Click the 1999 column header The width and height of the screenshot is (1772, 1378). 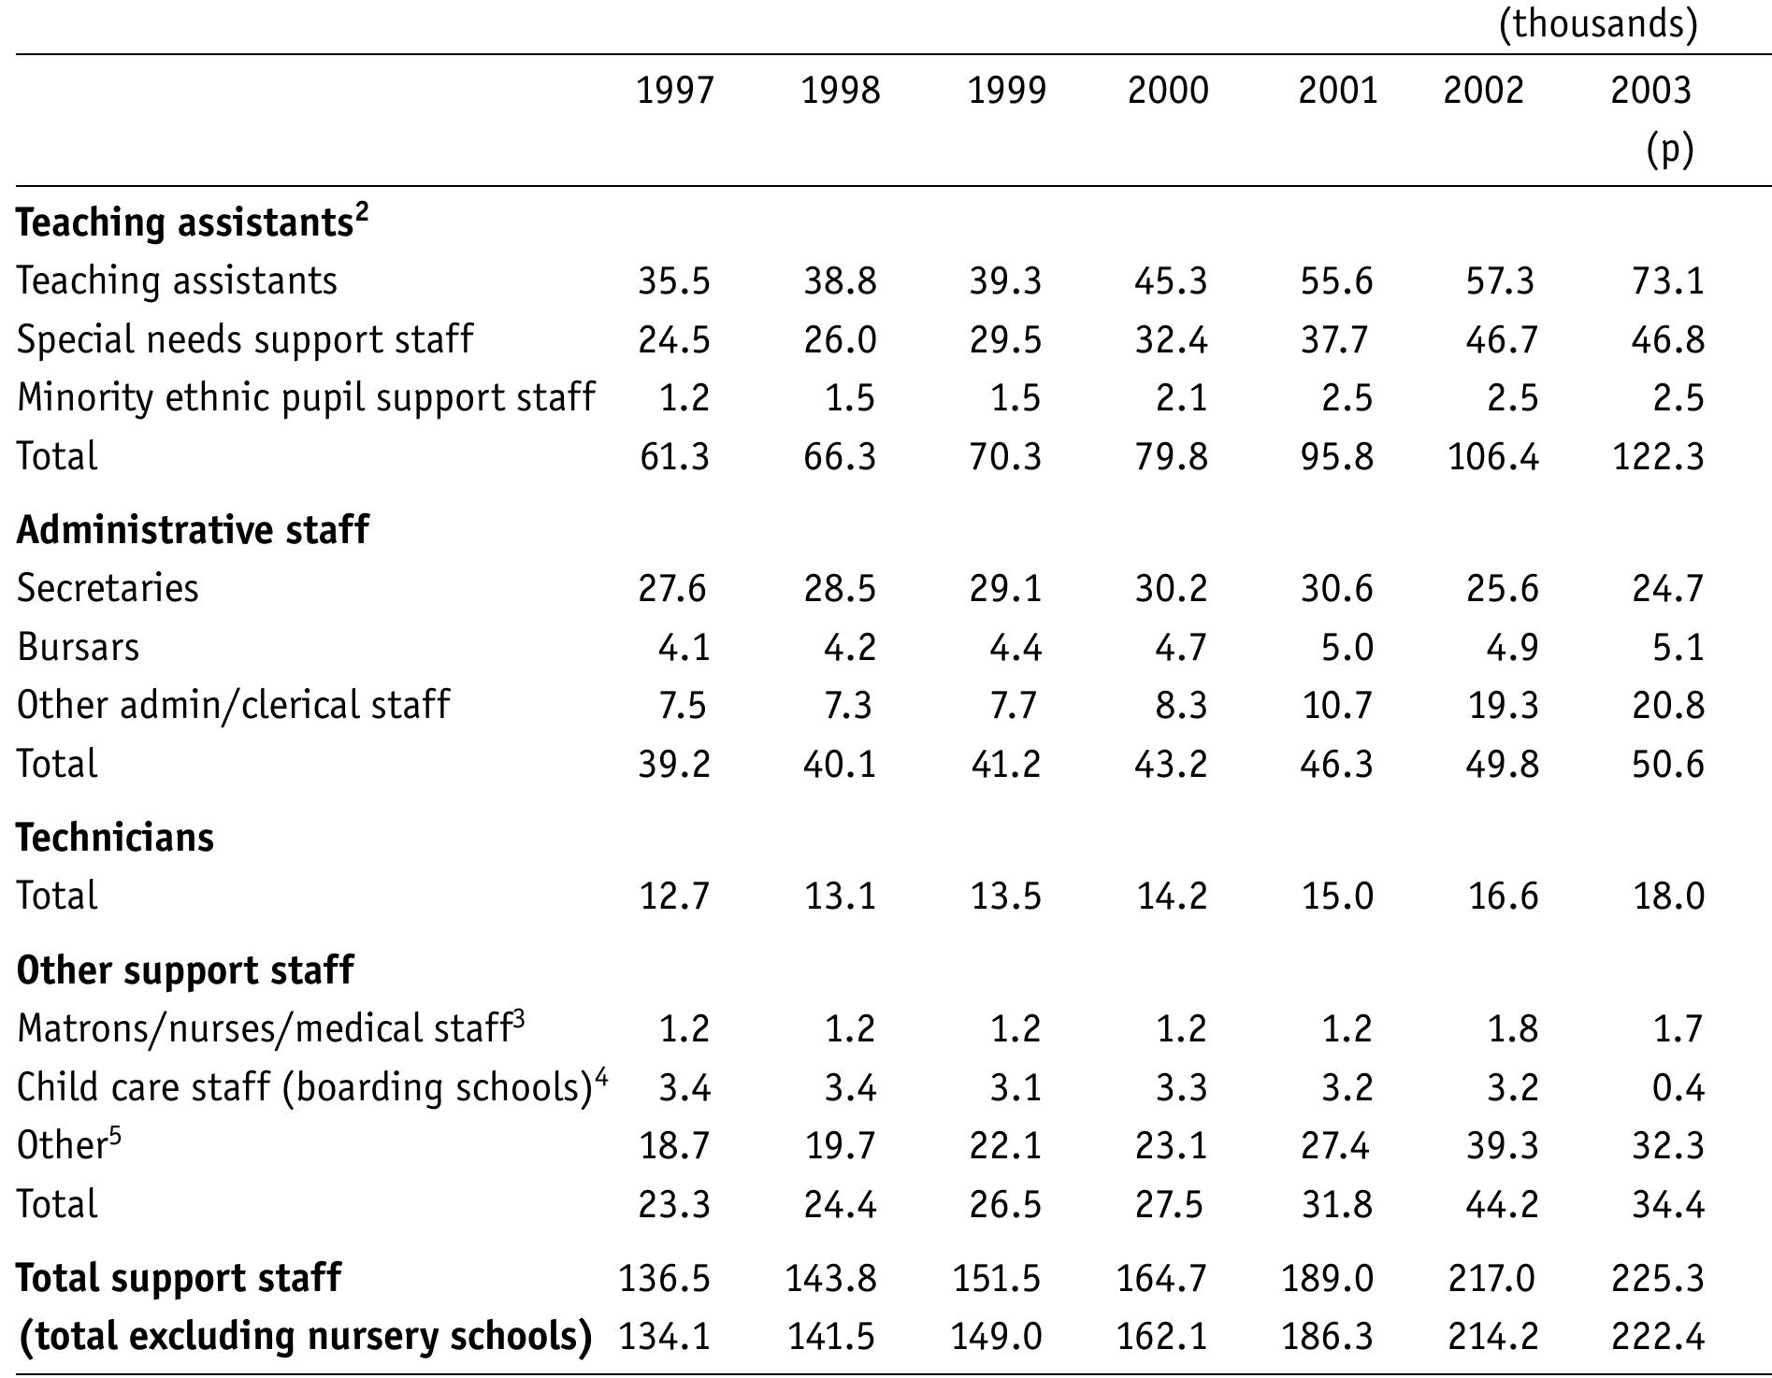pyautogui.click(x=1006, y=91)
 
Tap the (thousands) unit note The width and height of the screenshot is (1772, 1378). pyautogui.click(x=1598, y=23)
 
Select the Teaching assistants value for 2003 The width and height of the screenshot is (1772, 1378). pyautogui.click(x=1667, y=281)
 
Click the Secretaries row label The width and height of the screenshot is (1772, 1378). pyautogui.click(x=108, y=589)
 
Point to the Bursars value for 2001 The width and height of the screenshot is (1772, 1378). pyautogui.click(x=1347, y=647)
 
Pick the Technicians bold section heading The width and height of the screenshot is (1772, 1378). pyautogui.click(x=115, y=837)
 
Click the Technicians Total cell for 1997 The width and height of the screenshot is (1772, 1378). pyautogui.click(x=674, y=896)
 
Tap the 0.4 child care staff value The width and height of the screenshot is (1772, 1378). pyautogui.click(x=1678, y=1087)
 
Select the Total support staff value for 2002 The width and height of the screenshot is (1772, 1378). pyautogui.click(x=1491, y=1278)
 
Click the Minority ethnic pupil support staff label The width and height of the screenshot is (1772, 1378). pyautogui.click(x=306, y=398)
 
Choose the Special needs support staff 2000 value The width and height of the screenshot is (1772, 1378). pyautogui.click(x=1171, y=340)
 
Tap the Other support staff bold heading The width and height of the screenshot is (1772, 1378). pyautogui.click(x=185, y=970)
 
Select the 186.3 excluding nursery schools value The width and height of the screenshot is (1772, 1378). pyautogui.click(x=1327, y=1337)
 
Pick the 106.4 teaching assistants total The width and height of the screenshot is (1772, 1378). pyautogui.click(x=1492, y=457)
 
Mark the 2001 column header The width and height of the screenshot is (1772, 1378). pyautogui.click(x=1337, y=91)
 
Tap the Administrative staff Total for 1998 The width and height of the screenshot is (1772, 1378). pyautogui.click(x=840, y=764)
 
